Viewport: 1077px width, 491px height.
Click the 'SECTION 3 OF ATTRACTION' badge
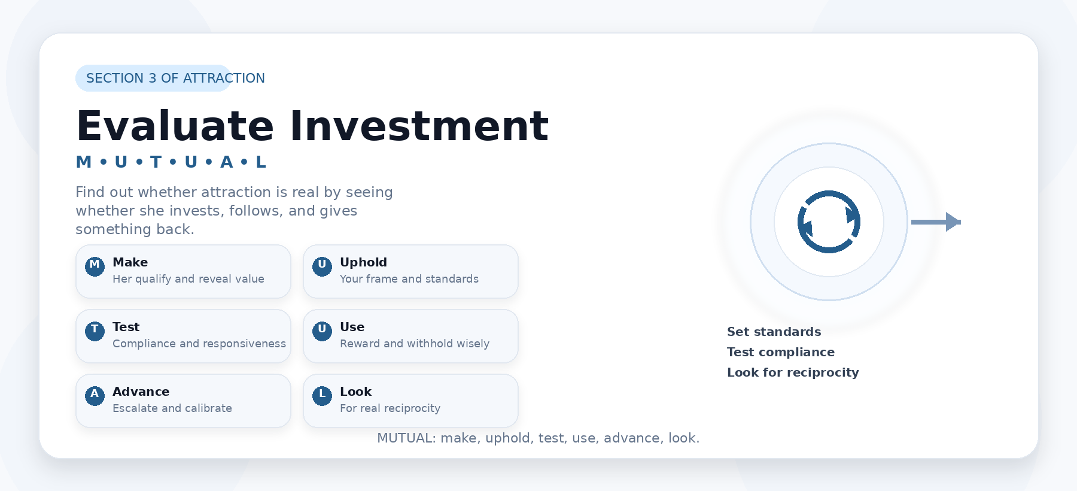(154, 78)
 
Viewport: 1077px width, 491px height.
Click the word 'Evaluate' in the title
(175, 126)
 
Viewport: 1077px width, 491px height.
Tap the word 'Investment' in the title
(419, 126)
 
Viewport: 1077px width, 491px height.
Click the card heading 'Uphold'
(363, 262)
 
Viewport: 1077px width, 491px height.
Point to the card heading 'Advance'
(141, 392)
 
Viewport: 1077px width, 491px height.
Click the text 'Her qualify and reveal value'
(188, 279)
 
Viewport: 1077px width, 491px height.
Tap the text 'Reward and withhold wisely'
(415, 344)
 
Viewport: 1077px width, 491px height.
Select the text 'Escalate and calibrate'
(172, 408)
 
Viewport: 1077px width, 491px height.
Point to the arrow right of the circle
(936, 222)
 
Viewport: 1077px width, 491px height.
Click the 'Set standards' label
(774, 332)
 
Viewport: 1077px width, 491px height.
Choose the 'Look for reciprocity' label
(793, 372)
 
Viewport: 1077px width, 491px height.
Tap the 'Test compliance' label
(781, 352)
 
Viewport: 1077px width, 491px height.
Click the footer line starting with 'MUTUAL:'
(538, 438)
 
